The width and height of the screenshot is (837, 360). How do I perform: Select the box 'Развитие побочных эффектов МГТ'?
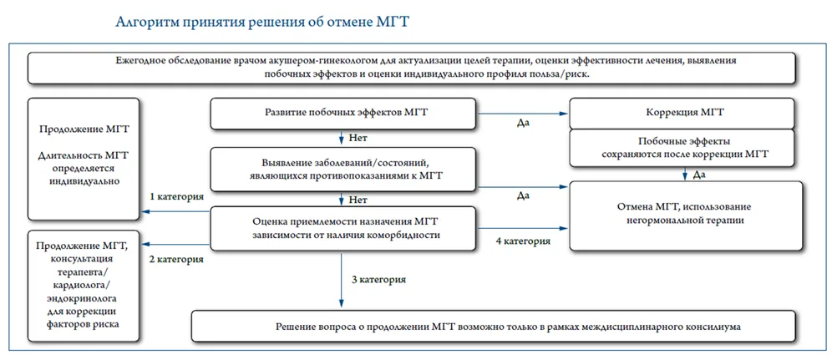342,114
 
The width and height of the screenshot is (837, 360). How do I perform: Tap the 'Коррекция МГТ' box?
685,114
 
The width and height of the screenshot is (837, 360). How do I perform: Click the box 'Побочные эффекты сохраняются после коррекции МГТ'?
685,148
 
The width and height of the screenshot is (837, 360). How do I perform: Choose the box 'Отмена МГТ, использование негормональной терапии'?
686,215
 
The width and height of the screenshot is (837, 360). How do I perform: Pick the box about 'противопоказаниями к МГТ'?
342,170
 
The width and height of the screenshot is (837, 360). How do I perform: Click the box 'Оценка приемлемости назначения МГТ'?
342,228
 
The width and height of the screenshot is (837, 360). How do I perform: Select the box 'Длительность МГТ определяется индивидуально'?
84,159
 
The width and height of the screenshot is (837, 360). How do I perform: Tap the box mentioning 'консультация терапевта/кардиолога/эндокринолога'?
84,286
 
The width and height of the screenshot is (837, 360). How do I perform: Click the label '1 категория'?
177,196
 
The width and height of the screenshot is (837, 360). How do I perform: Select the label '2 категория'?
176,260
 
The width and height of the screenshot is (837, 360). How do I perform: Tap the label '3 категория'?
378,279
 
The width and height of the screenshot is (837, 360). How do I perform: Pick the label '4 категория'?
523,241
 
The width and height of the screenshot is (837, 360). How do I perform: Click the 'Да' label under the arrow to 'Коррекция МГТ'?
523,122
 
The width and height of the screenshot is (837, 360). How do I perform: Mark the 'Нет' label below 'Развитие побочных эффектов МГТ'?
358,138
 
